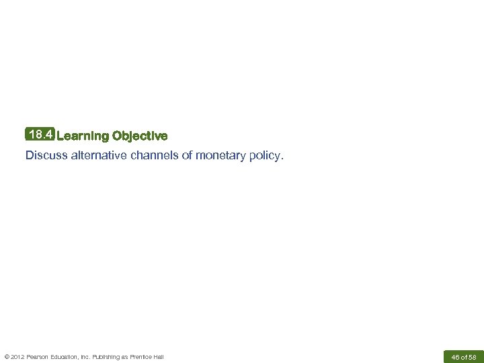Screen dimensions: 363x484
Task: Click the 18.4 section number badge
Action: tap(40, 135)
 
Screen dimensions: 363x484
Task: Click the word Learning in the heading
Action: tap(83, 136)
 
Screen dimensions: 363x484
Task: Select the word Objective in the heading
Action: tap(140, 136)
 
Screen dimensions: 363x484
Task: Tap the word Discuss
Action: tap(46, 156)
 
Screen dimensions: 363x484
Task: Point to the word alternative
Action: tap(97, 156)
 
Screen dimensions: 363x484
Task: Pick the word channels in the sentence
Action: tap(155, 156)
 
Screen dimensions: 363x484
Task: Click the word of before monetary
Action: tap(187, 156)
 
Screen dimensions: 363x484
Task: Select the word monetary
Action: tap(221, 156)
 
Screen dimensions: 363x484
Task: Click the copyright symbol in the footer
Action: tap(7, 356)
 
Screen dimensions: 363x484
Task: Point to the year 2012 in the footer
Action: tap(18, 356)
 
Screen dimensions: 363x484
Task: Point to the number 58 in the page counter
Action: tap(472, 356)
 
